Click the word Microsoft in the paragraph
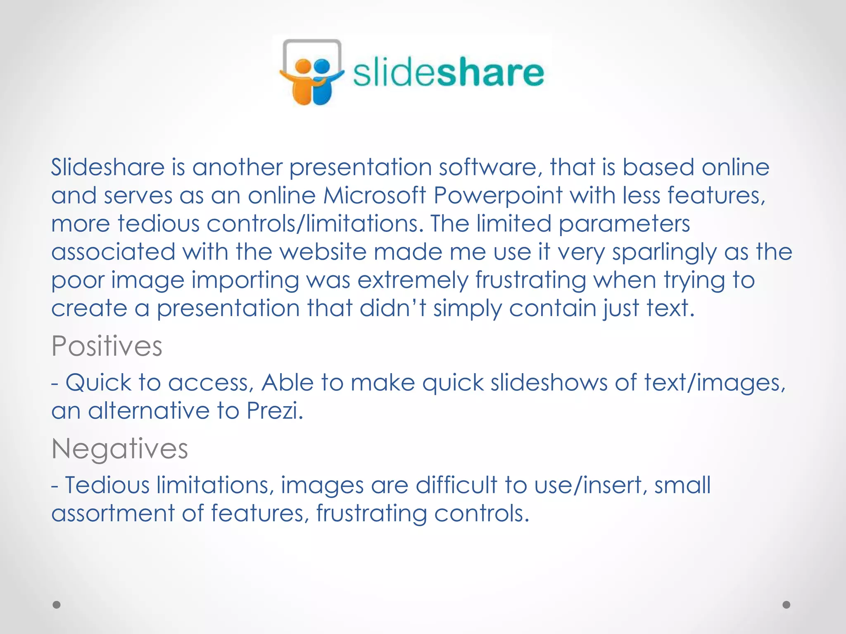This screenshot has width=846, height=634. pos(374,195)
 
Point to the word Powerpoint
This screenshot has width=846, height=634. pos(498,195)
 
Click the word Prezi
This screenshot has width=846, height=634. pos(275,411)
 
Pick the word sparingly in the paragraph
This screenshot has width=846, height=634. pos(664,252)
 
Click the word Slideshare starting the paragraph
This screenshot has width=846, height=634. pos(108,167)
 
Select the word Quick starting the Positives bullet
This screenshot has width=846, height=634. pos(98,383)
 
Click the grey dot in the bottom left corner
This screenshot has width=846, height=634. pos(57,605)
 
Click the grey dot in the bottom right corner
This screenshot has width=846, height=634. pos(786,605)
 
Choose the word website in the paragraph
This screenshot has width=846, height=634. pos(323,252)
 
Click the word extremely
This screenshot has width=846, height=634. pos(413,280)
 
